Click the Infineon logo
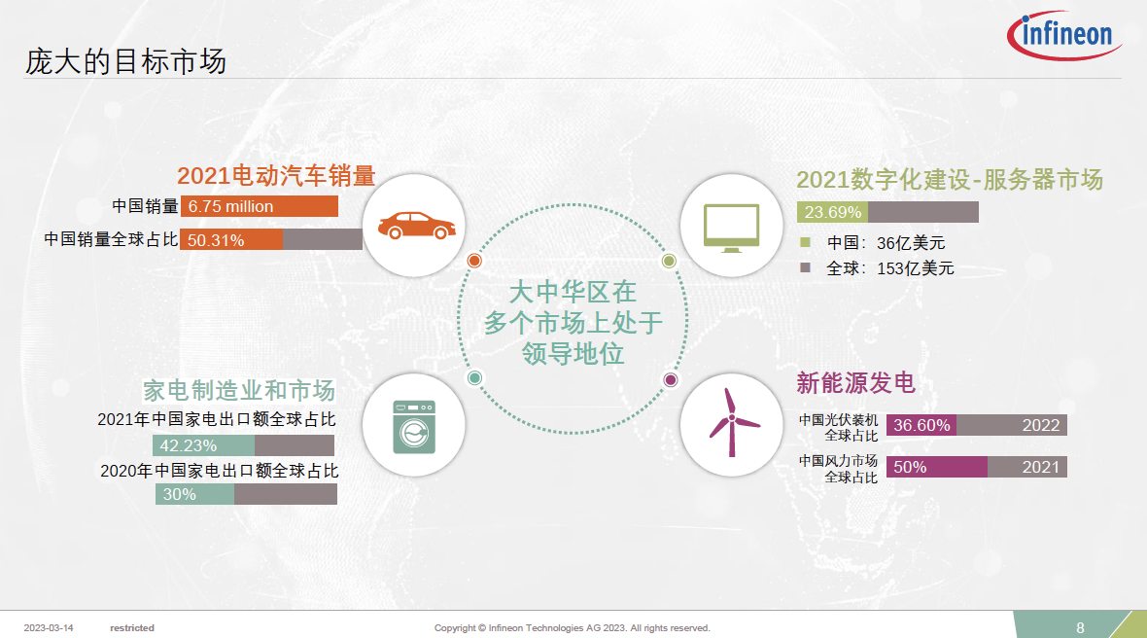(x=1064, y=34)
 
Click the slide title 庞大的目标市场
(x=125, y=61)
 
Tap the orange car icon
(x=416, y=226)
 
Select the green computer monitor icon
(x=731, y=229)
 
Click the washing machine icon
(x=414, y=427)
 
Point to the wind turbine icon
(x=732, y=422)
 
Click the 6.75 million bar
(x=260, y=206)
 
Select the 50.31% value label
(x=216, y=240)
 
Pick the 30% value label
(x=179, y=495)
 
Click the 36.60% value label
(x=921, y=425)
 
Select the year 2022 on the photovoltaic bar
(x=1040, y=425)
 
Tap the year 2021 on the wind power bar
(x=1040, y=467)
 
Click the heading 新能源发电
(x=855, y=382)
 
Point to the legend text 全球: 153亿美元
(x=890, y=268)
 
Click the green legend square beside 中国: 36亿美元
(x=806, y=242)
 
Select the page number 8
(x=1081, y=627)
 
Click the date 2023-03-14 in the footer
(x=49, y=627)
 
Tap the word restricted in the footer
(x=132, y=627)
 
